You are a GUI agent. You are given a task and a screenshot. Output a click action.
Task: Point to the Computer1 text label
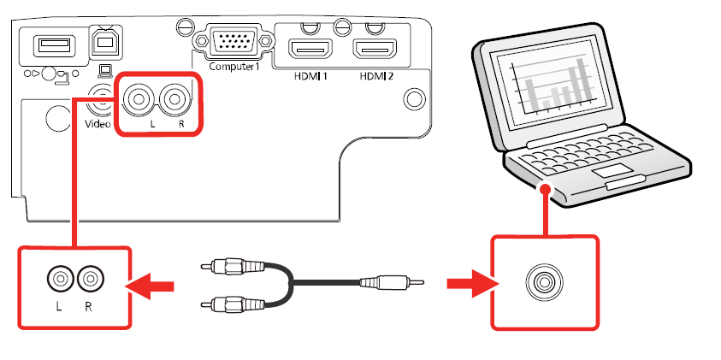(232, 67)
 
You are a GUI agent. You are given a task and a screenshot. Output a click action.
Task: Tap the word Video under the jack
(98, 124)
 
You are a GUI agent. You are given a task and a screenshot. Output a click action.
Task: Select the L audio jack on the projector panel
(139, 100)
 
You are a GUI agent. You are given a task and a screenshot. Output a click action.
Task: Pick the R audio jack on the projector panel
(177, 100)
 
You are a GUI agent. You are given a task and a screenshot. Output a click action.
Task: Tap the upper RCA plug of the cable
(225, 267)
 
